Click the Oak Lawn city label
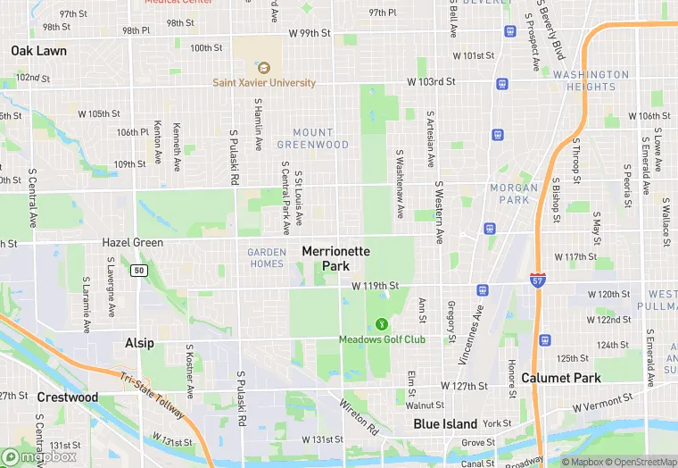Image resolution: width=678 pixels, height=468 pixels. [x=38, y=51]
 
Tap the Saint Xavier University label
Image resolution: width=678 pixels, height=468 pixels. [x=264, y=83]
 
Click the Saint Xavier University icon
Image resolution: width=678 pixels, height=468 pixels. [x=263, y=67]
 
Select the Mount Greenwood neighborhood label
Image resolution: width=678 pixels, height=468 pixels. [x=312, y=138]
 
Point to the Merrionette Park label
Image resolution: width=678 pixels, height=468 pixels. [x=335, y=259]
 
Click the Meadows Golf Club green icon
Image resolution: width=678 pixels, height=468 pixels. [x=382, y=323]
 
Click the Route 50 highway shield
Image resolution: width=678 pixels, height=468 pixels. [x=138, y=271]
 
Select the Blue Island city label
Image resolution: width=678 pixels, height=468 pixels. [x=445, y=424]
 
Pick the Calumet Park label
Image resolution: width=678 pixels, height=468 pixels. [x=561, y=378]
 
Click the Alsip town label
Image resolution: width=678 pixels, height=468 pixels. [x=138, y=343]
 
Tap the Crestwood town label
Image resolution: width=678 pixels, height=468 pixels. [x=67, y=397]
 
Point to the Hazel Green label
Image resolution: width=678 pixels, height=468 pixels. [x=132, y=242]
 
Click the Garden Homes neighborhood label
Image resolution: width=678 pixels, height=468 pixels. [x=266, y=257]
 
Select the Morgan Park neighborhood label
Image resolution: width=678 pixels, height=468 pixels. [x=514, y=193]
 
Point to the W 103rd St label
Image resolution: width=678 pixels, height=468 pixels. [x=431, y=81]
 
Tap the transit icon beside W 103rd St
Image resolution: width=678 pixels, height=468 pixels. [x=502, y=84]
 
